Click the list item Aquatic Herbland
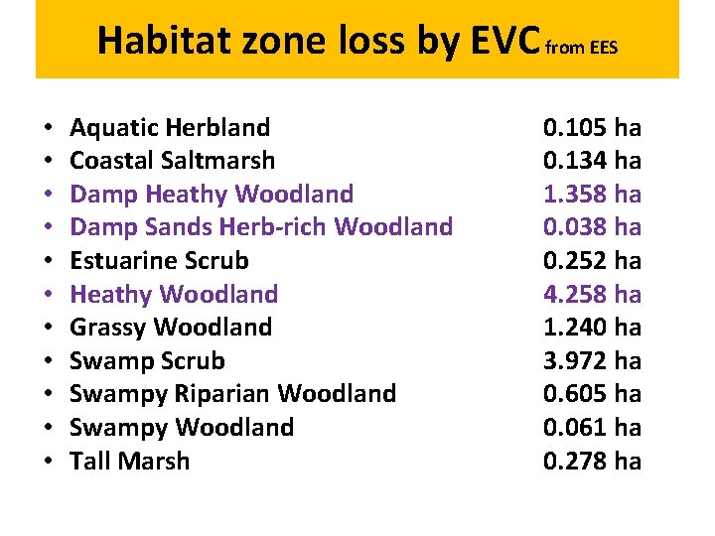coord(170,127)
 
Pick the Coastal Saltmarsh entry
coord(173,160)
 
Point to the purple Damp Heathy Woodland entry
coord(212,194)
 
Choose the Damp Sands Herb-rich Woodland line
coord(261,226)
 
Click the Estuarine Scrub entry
coord(159,260)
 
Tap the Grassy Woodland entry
coord(171,327)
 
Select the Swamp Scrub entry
coord(147,360)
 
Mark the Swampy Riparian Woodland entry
coord(232,393)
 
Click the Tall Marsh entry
coord(129,461)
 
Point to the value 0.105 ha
coord(592,127)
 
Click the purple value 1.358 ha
coord(592,194)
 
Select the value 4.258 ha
coord(592,294)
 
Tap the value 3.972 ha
coord(592,360)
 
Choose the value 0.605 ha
coord(592,393)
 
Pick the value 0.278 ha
coord(592,461)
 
